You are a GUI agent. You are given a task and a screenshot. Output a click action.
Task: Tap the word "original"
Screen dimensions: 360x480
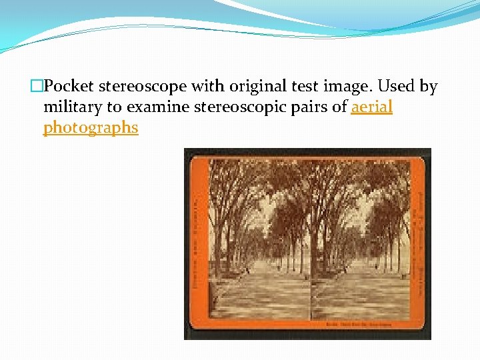(246, 87)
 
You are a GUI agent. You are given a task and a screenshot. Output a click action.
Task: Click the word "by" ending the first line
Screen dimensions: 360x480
(428, 87)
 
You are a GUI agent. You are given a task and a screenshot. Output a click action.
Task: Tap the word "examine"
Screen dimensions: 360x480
(158, 107)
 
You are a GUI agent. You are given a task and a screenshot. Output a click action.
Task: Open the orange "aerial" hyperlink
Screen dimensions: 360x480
(372, 107)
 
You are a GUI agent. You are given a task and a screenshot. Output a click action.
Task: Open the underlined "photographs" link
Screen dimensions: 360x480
(91, 127)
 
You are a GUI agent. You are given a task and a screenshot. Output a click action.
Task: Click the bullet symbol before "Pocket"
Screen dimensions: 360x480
(37, 87)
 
